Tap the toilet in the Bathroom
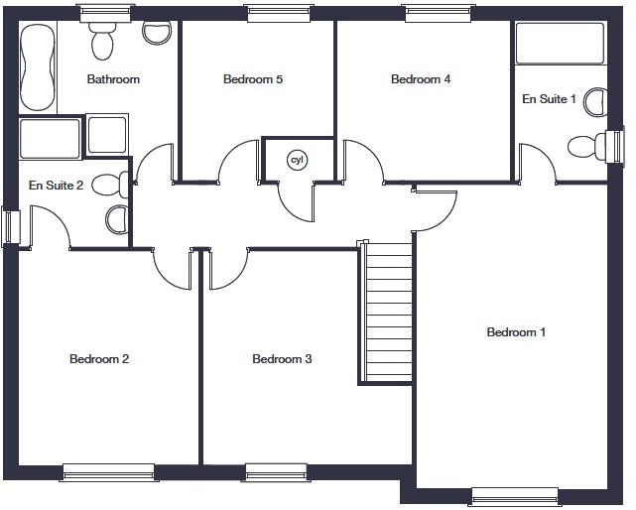coord(100,41)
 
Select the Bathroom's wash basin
coord(156,32)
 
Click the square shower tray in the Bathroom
coord(107,135)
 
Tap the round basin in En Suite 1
coord(595,101)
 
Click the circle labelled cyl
coord(296,160)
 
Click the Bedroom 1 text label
coord(516,332)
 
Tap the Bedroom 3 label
coord(282,359)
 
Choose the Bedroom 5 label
coord(253,79)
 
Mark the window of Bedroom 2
coord(108,472)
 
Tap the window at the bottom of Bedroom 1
coord(514,496)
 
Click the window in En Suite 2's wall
coord(9,225)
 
